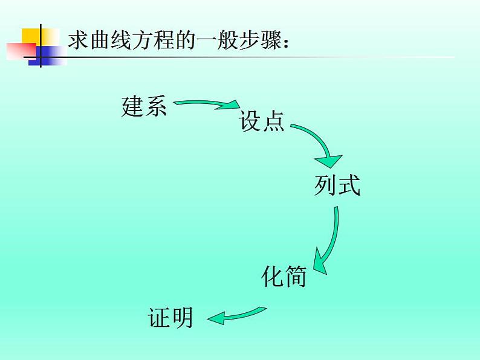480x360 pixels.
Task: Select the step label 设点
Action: (262, 121)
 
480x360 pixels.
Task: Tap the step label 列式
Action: (337, 185)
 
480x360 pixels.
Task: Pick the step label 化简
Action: (284, 277)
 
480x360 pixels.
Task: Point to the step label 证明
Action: (170, 317)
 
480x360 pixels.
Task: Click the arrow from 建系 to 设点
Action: (206, 103)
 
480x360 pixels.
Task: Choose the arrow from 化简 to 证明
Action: (236, 315)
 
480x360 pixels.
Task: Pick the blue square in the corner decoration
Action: (47, 54)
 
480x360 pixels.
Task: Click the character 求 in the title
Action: (77, 40)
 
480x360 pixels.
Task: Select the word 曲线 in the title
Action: (108, 40)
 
